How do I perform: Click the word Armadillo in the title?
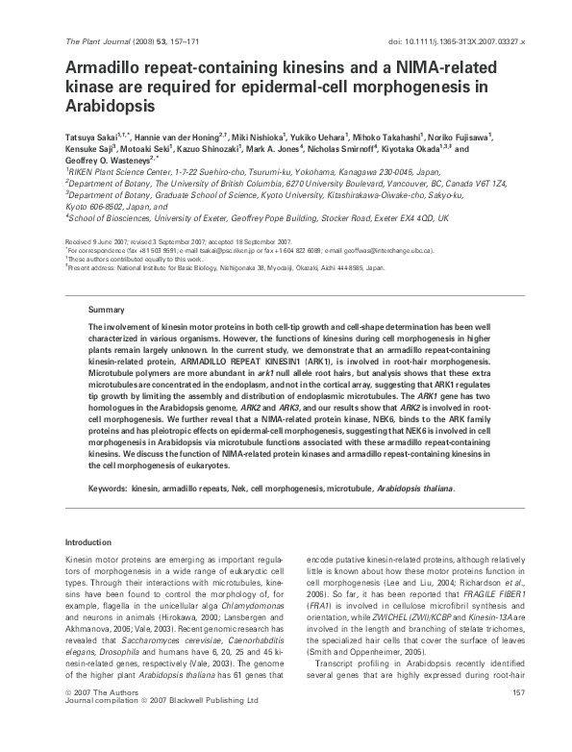point(104,68)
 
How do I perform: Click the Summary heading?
point(107,311)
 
